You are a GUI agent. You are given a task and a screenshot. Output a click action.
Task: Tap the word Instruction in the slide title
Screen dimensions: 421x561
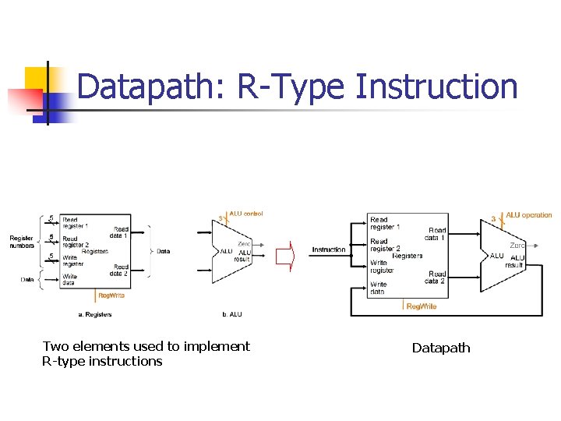click(x=436, y=87)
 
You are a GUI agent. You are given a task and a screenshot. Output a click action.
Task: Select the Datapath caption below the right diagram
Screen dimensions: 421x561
click(x=441, y=348)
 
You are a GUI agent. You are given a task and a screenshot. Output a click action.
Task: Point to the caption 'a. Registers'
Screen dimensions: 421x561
click(x=94, y=314)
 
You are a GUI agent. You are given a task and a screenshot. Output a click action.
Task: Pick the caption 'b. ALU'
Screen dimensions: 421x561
click(x=232, y=314)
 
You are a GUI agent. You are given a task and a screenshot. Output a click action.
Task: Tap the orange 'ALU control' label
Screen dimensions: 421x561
click(x=246, y=213)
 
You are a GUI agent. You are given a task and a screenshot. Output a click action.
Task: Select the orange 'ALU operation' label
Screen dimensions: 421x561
click(x=529, y=215)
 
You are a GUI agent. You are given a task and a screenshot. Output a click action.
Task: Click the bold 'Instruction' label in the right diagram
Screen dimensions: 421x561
click(x=329, y=249)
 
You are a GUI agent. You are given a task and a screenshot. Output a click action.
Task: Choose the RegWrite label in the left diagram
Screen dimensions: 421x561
click(x=111, y=295)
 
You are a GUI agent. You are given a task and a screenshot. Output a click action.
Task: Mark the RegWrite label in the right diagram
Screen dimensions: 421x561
click(x=422, y=306)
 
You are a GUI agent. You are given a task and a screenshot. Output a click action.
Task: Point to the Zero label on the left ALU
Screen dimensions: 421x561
click(x=244, y=243)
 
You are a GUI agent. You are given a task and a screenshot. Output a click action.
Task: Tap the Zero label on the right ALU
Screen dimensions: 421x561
click(x=517, y=246)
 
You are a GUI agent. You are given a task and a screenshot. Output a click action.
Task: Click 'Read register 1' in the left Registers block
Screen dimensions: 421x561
click(x=76, y=222)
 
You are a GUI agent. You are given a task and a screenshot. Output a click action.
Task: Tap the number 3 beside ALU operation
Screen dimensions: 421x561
click(x=493, y=218)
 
